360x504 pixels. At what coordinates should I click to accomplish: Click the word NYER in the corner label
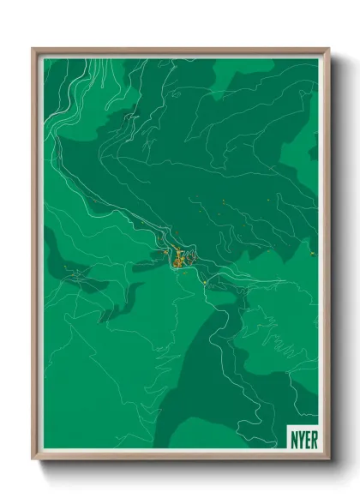(303, 435)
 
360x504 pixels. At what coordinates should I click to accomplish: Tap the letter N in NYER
(294, 435)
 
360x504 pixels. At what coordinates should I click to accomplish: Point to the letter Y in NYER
(300, 435)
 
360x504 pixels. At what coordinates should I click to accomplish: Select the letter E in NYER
(306, 435)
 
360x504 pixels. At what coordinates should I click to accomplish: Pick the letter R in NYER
(312, 435)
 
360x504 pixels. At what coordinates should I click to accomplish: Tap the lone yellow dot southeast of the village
(204, 280)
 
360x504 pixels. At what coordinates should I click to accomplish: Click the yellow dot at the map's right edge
(314, 255)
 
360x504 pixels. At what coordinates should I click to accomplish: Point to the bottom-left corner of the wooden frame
(33, 458)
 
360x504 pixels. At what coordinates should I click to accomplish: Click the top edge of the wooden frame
(180, 50)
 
